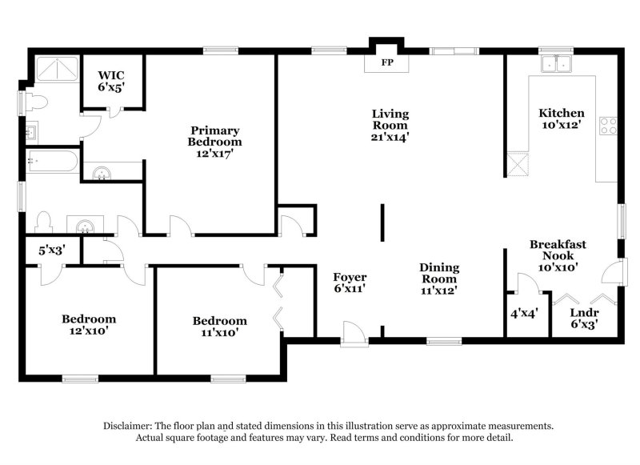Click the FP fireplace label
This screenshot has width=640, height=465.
tap(387, 62)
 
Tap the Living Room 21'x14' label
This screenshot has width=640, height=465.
tap(390, 125)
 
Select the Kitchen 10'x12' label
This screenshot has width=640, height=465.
tap(561, 118)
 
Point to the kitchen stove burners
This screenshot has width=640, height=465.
tap(609, 125)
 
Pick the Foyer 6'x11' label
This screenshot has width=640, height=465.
tap(350, 283)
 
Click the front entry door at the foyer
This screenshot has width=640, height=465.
tap(350, 332)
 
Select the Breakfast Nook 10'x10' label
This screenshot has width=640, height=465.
tap(558, 255)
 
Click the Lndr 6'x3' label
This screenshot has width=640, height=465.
tap(583, 319)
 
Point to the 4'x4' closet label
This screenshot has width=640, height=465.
tap(525, 312)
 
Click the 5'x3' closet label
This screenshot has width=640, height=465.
tap(51, 250)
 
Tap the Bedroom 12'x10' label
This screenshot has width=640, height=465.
tap(89, 324)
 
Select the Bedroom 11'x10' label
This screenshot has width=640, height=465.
tap(219, 327)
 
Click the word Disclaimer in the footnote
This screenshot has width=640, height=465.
tap(130, 426)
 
